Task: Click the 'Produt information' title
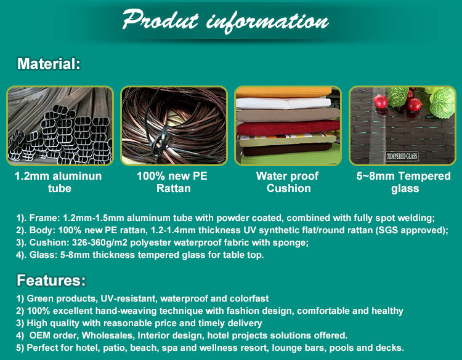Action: [x=225, y=20]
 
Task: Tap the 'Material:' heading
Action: [x=49, y=63]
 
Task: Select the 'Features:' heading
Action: [x=51, y=280]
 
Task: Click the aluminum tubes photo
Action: [x=60, y=126]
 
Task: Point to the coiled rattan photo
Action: [x=174, y=126]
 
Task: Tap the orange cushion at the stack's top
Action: [x=285, y=92]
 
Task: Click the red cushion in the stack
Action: [x=288, y=128]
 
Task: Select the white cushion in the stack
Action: [x=283, y=103]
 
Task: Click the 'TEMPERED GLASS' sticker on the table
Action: [x=402, y=156]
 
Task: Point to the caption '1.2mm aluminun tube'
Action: [x=59, y=182]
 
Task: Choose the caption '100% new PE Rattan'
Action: [x=172, y=182]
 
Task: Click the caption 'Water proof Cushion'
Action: [x=288, y=182]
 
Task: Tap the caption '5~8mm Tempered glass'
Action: [x=403, y=182]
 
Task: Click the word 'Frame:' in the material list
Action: [x=45, y=218]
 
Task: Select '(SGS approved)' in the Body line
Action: [x=412, y=230]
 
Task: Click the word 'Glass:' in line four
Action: [x=43, y=255]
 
